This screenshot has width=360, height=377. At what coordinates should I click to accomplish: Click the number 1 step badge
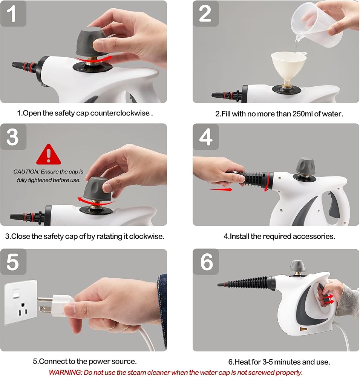click(x=13, y=14)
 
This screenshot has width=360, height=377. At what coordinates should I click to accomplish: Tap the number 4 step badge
click(x=205, y=136)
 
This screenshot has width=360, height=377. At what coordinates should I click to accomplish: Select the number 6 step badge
click(x=205, y=262)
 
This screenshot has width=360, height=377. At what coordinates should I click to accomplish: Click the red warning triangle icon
click(x=49, y=155)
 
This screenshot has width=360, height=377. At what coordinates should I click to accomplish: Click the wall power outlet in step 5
click(x=21, y=302)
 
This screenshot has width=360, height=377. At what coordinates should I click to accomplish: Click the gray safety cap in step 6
click(x=297, y=266)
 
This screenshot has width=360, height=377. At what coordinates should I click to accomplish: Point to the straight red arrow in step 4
click(x=221, y=190)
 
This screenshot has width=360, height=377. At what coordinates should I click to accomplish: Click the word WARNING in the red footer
click(x=65, y=372)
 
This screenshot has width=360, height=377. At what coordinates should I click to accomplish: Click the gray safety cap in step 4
click(x=305, y=166)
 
